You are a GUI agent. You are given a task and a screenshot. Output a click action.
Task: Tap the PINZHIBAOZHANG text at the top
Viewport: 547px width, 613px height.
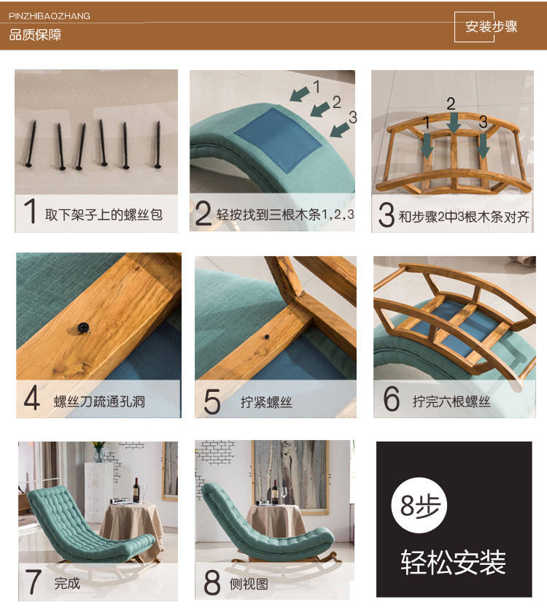pyautogui.click(x=50, y=16)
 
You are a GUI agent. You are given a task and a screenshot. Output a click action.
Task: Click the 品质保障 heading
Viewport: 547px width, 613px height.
pyautogui.click(x=35, y=35)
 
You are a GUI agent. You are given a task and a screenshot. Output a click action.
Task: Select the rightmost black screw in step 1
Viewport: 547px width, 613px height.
pyautogui.click(x=158, y=144)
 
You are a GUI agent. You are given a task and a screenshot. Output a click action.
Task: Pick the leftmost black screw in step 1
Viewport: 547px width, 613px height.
pyautogui.click(x=31, y=144)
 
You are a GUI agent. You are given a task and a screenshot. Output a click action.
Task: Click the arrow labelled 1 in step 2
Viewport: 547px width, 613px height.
pyautogui.click(x=300, y=94)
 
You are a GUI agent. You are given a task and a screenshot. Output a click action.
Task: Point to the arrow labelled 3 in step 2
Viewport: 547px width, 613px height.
pyautogui.click(x=340, y=129)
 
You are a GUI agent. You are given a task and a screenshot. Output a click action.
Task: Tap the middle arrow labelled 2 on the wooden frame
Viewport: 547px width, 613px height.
pyautogui.click(x=454, y=122)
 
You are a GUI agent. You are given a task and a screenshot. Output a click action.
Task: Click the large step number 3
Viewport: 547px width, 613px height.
pyautogui.click(x=387, y=215)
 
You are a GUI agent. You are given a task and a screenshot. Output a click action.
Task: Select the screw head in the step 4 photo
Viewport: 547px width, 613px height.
pyautogui.click(x=83, y=328)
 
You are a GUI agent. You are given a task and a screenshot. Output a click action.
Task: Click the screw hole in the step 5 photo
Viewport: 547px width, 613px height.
pyautogui.click(x=266, y=336)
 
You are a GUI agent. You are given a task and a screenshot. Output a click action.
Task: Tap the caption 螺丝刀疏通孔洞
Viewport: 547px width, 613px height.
pyautogui.click(x=100, y=401)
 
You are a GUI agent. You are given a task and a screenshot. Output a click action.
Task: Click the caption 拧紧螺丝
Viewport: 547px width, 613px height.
pyautogui.click(x=266, y=402)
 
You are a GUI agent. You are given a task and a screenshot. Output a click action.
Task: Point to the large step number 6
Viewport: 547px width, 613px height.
pyautogui.click(x=391, y=398)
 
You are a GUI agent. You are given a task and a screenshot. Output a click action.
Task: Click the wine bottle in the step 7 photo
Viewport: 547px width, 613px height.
pyautogui.click(x=136, y=490)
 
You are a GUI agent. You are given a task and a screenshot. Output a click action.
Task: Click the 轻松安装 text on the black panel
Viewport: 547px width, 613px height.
pyautogui.click(x=454, y=563)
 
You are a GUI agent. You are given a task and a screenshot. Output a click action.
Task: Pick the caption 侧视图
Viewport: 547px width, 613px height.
pyautogui.click(x=249, y=584)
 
